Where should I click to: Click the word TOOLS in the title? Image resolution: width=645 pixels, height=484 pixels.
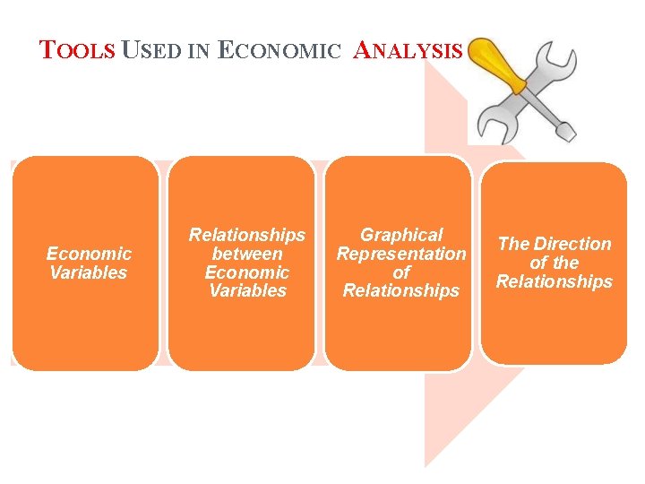(x=78, y=50)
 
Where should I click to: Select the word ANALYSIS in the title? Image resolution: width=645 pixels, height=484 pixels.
(x=408, y=50)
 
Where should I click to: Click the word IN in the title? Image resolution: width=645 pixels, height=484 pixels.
(x=197, y=51)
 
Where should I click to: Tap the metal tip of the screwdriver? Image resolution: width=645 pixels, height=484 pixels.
(x=564, y=131)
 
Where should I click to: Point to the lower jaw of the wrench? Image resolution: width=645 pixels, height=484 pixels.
(x=494, y=125)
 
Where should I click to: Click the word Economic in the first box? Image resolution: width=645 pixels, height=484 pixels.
(x=89, y=255)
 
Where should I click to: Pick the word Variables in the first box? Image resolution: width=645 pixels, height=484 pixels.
(x=89, y=273)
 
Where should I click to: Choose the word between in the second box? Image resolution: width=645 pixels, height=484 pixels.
(x=246, y=254)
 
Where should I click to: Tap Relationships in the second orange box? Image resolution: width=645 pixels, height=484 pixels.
(x=246, y=235)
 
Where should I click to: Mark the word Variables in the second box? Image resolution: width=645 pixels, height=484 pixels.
(x=246, y=291)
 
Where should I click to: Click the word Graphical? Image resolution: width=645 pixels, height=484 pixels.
(x=401, y=235)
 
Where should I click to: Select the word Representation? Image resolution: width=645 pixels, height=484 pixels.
(x=401, y=254)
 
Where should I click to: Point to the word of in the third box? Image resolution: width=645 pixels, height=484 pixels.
(x=401, y=272)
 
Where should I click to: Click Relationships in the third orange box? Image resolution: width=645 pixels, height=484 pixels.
(x=401, y=291)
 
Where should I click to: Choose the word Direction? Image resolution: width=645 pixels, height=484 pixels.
(x=572, y=244)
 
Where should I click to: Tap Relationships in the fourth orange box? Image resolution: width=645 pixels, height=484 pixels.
(x=555, y=282)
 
